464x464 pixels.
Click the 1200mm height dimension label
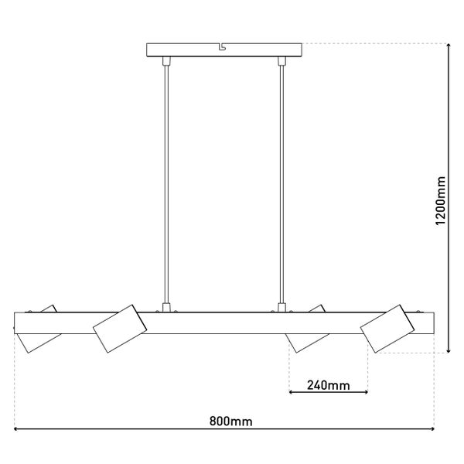tap(442, 200)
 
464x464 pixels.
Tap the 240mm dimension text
tap(328, 384)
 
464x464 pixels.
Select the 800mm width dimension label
tap(231, 421)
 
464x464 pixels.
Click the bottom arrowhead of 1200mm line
tap(449, 350)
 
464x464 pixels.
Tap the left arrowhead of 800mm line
tap(18, 429)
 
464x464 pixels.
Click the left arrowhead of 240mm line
tap(292, 393)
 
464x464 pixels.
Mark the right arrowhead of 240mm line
tap(365, 393)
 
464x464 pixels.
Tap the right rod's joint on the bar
tap(281, 307)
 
